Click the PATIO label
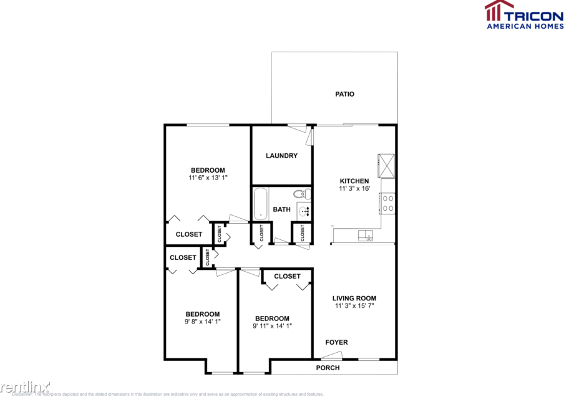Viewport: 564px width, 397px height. (344, 94)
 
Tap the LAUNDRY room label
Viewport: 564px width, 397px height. (281, 156)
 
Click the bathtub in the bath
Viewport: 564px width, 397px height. (261, 204)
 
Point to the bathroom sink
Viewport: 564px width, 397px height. (304, 211)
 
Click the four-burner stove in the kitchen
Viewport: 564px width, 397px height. (387, 204)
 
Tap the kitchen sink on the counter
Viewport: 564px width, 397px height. (366, 235)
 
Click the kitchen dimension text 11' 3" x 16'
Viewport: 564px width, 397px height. (354, 189)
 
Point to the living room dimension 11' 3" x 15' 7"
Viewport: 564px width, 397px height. (354, 306)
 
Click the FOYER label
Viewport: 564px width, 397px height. (336, 342)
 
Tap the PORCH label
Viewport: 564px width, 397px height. (328, 368)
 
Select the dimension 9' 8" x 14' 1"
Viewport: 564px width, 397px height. (202, 322)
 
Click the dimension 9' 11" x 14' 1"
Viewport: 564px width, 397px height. (272, 326)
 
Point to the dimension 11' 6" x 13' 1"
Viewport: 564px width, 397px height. (208, 178)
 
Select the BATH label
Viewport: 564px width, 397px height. (281, 209)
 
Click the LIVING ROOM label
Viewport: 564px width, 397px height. (354, 298)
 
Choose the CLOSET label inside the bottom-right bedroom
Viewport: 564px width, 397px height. (287, 276)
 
